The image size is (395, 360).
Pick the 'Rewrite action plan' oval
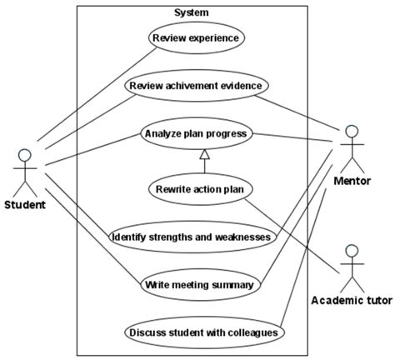pyautogui.click(x=199, y=188)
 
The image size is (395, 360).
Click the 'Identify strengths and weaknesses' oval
pyautogui.click(x=192, y=237)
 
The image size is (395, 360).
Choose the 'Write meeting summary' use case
pyautogui.click(x=198, y=285)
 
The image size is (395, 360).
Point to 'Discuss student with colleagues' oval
pyautogui.click(x=204, y=332)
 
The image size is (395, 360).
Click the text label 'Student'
pyautogui.click(x=25, y=205)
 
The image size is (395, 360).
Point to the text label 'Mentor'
pyautogui.click(x=352, y=181)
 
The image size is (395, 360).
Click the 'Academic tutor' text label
pyautogui.click(x=351, y=300)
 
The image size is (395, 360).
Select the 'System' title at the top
pyautogui.click(x=191, y=12)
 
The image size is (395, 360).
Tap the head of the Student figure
pyautogui.click(x=24, y=155)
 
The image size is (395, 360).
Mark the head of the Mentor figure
pyautogui.click(x=352, y=131)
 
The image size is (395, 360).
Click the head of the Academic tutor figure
pyautogui.click(x=352, y=251)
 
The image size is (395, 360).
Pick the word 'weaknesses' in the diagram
pyautogui.click(x=242, y=237)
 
